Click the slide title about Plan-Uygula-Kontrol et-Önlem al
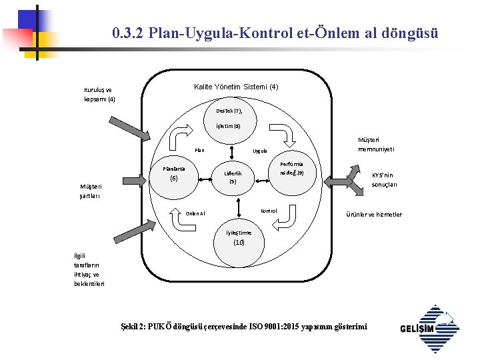pos(275,33)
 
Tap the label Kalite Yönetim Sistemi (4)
pos(236,87)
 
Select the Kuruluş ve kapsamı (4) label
pos(99,95)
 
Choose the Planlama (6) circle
pos(174,175)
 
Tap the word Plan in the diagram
pos(199,150)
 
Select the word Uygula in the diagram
pos(260,151)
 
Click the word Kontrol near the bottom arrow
pos(269,211)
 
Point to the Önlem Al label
pos(195,214)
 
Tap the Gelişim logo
pos(430,328)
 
